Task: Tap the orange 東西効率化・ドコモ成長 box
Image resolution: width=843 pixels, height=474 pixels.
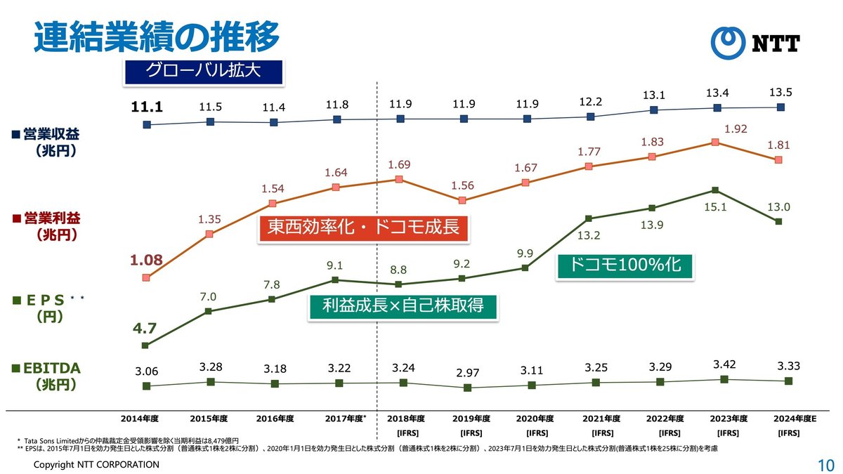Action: [363, 230]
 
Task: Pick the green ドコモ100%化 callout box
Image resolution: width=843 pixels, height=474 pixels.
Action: [625, 266]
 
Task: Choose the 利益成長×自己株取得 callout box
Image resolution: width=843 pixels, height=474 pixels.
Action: [404, 306]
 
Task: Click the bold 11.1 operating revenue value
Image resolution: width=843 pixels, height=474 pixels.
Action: [147, 107]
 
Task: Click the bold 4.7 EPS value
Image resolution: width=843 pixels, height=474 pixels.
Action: [145, 327]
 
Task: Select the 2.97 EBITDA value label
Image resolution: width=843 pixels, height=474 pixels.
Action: [467, 371]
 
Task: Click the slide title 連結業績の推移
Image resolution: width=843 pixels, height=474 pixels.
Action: [156, 37]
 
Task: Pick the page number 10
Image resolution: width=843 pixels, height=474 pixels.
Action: [825, 465]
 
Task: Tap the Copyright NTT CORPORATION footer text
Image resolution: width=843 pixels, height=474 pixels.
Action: [97, 465]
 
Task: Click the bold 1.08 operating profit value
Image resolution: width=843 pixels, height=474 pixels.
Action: [146, 261]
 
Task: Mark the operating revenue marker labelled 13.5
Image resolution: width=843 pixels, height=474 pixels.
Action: [780, 107]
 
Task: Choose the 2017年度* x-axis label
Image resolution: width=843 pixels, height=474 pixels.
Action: [346, 419]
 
